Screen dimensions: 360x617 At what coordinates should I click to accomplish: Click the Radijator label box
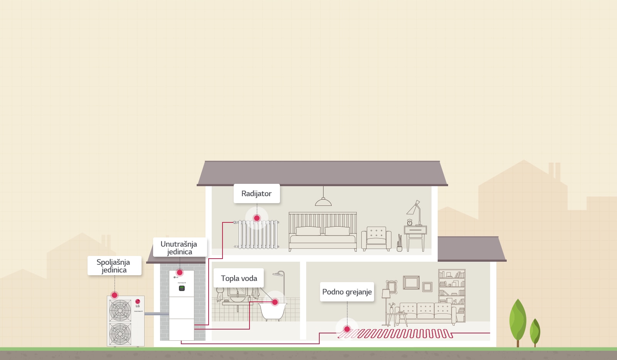point(256,193)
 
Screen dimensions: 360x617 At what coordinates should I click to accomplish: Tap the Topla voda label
point(239,278)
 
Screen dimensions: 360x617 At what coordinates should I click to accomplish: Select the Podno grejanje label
point(347,292)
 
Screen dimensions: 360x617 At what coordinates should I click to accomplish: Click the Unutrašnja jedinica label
point(179,247)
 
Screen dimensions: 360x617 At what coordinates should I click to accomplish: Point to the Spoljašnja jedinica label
point(114,266)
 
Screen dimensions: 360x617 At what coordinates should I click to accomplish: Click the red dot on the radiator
point(257,218)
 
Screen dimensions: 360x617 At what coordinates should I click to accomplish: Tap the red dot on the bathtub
point(275,302)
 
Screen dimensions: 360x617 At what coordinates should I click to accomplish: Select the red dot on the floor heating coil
point(347,329)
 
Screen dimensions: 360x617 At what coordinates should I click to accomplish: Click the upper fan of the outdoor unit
point(120,310)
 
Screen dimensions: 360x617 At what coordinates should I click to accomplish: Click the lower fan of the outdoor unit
point(120,333)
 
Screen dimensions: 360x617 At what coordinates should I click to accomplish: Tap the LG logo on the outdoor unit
point(138,302)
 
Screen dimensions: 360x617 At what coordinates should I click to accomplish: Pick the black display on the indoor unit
point(182,288)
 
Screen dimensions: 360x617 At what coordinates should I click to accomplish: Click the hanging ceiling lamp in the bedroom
point(323,201)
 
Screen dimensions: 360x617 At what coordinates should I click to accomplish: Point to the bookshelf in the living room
point(452,295)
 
